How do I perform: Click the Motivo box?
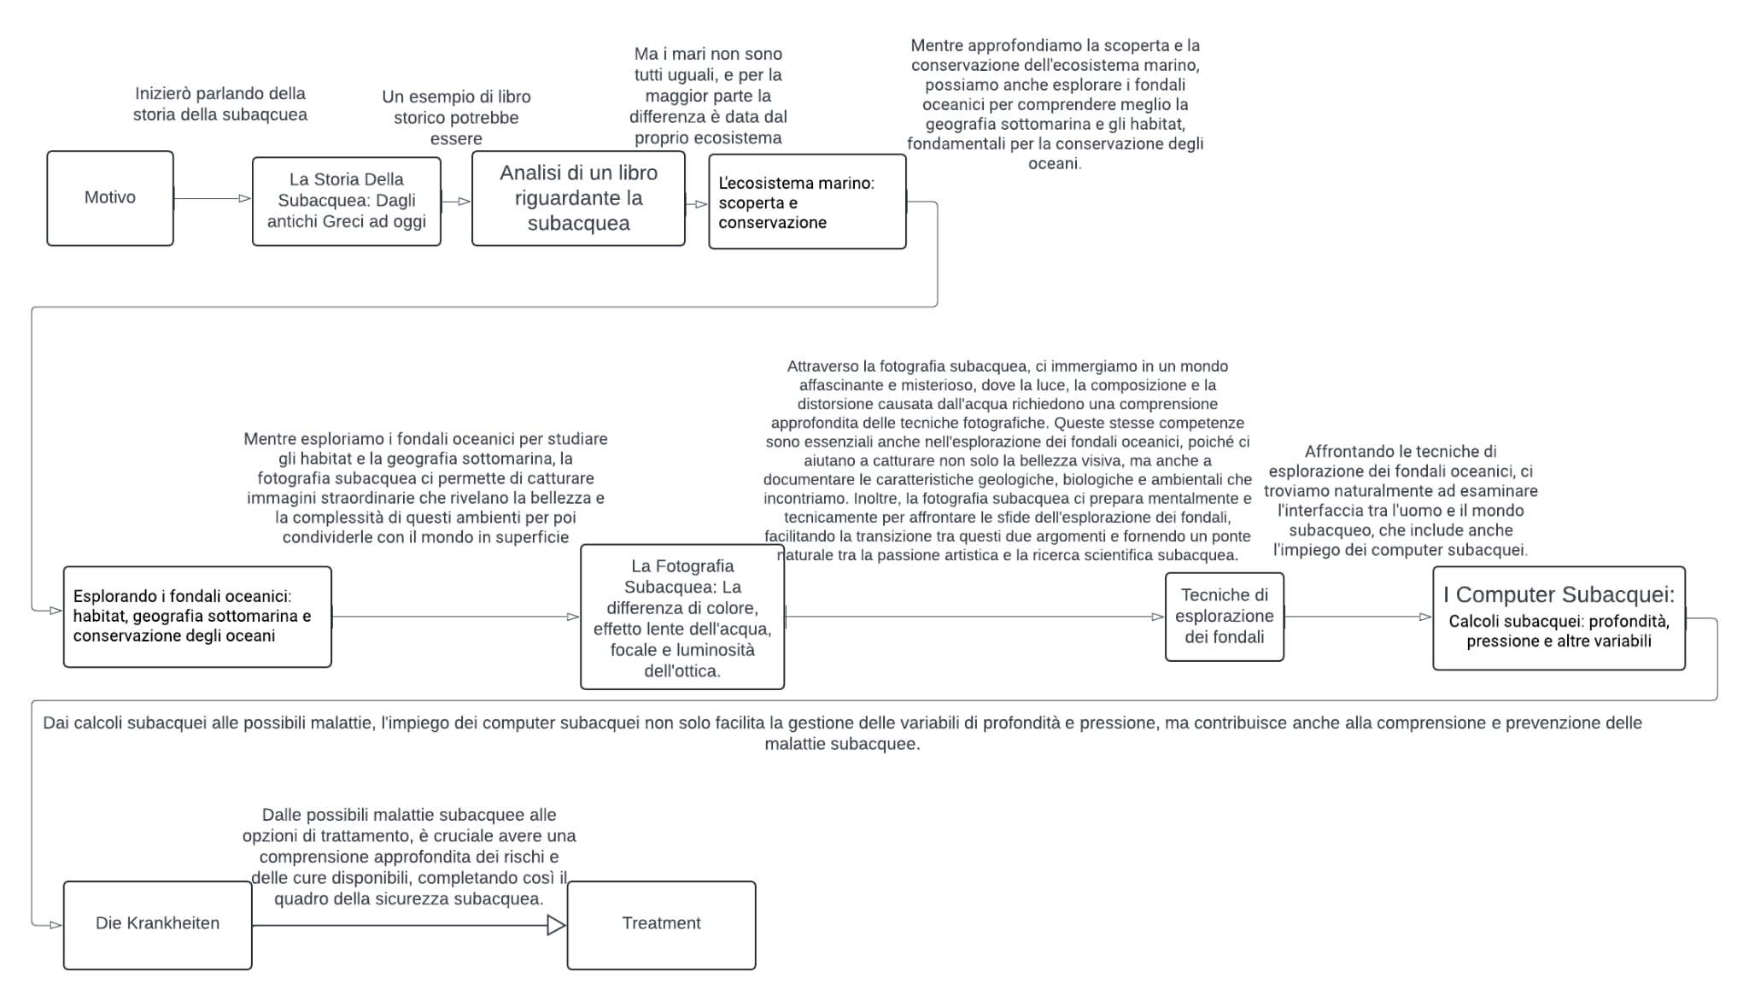point(110,198)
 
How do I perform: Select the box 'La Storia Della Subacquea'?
point(346,202)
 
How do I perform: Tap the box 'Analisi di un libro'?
point(578,198)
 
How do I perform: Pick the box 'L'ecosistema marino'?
point(806,202)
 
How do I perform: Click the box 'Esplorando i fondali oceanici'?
point(197,617)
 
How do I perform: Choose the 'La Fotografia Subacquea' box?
point(681,618)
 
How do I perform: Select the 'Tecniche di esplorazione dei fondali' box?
point(1224,617)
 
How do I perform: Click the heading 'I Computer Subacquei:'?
point(1559,595)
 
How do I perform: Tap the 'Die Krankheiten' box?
point(158,924)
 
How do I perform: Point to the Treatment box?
point(661,924)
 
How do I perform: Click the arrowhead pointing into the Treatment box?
point(556,925)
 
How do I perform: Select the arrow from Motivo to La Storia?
point(212,199)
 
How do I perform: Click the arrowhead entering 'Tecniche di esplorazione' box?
point(1157,617)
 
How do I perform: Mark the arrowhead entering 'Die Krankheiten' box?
point(56,925)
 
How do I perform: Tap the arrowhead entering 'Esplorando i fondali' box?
point(56,611)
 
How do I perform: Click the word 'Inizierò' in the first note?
point(162,94)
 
